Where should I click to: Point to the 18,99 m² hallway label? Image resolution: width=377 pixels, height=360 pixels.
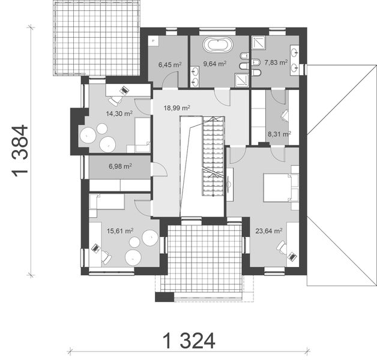click(x=177, y=108)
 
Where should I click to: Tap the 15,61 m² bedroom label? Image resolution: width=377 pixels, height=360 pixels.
click(x=119, y=230)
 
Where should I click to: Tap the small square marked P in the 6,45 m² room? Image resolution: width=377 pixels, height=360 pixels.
click(x=154, y=41)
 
